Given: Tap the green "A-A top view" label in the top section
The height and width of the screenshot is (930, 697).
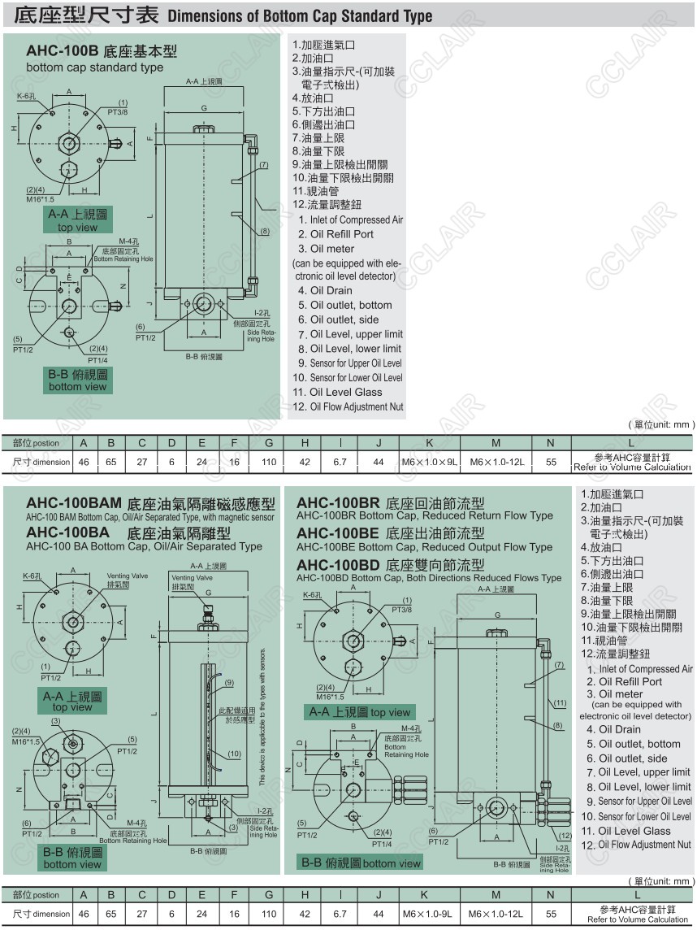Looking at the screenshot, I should (x=78, y=219).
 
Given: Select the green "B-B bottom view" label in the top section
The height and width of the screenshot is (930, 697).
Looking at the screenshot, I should (x=77, y=380).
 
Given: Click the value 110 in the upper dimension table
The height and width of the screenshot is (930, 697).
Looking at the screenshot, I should (x=268, y=462).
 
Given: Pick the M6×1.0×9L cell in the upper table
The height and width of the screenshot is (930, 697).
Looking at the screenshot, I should (x=430, y=462).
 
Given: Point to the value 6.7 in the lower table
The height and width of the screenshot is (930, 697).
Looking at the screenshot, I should (x=340, y=914).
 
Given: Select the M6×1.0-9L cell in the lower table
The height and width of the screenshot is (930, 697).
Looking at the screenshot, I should (x=430, y=914).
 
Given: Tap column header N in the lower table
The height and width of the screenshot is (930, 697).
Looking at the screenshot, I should (x=550, y=894).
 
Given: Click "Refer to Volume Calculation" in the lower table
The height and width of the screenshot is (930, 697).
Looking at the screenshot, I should (x=638, y=919).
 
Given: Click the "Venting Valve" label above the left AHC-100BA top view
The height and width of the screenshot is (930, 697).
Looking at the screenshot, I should (x=128, y=576).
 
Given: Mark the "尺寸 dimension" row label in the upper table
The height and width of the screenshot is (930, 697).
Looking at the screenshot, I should (x=41, y=462).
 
